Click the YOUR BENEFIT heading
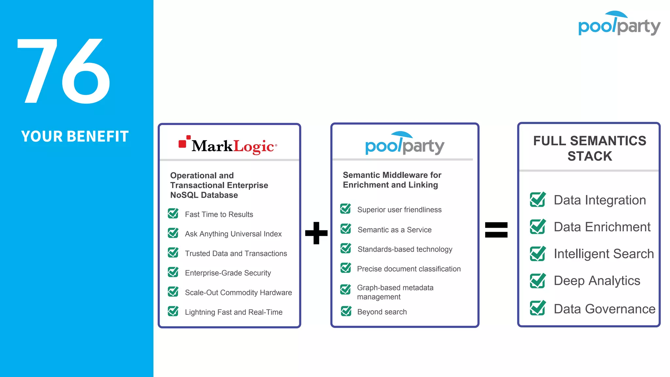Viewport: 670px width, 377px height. click(75, 136)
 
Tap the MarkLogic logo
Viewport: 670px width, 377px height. click(228, 145)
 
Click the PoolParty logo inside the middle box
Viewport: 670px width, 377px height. click(405, 144)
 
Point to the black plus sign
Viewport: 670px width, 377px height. click(316, 233)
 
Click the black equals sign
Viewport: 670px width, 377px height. click(496, 230)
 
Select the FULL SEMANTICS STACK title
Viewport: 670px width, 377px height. click(590, 148)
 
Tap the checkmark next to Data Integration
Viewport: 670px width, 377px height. click(538, 200)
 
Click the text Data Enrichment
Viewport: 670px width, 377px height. click(602, 227)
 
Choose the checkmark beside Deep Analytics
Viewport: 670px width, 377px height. click(538, 280)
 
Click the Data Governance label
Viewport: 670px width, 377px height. click(604, 309)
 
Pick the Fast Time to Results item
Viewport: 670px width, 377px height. click(219, 214)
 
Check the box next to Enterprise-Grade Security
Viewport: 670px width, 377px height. click(173, 272)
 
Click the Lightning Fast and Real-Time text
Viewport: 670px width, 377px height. click(234, 312)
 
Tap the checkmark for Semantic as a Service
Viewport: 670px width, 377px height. click(346, 229)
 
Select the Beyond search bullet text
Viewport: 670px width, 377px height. click(382, 312)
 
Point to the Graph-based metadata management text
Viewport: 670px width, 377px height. click(395, 292)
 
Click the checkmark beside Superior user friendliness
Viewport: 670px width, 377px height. click(345, 209)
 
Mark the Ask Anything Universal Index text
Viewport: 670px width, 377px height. click(233, 234)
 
